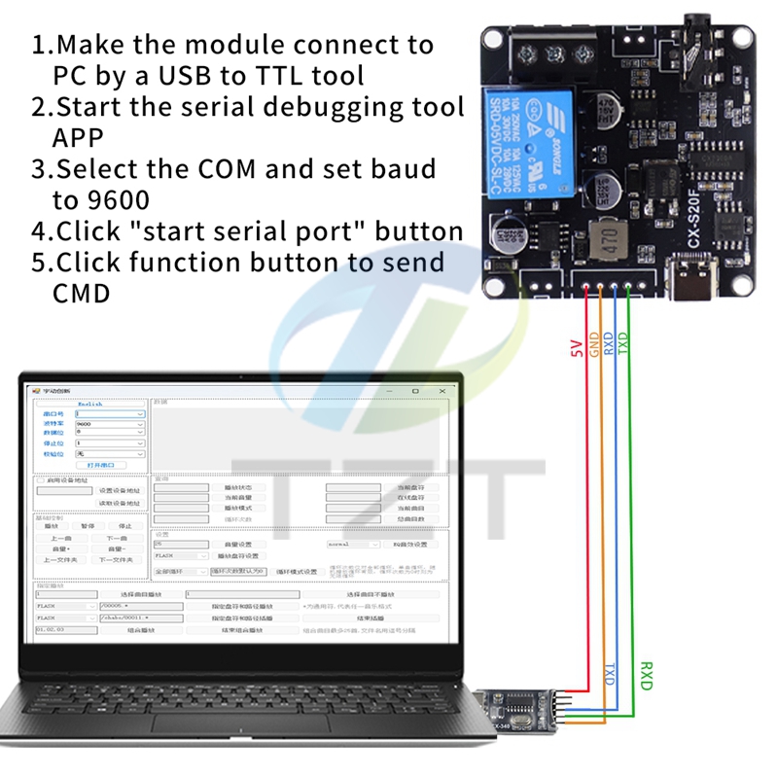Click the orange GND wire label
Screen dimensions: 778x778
[592, 346]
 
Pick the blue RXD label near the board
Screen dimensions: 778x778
[608, 346]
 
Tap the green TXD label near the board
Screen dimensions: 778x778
[623, 346]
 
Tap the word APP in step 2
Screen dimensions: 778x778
[78, 137]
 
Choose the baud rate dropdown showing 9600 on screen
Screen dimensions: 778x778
[109, 424]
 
